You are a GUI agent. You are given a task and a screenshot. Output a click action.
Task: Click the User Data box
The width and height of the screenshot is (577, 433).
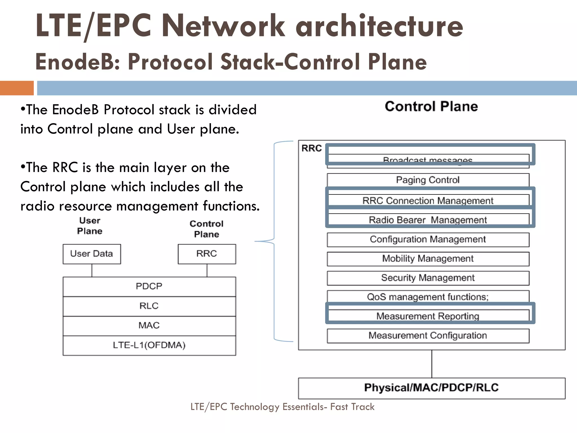click(92, 254)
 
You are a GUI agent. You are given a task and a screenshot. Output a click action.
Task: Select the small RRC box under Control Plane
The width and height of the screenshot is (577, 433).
click(207, 254)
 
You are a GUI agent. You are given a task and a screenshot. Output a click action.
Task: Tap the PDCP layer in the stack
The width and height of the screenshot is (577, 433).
click(149, 286)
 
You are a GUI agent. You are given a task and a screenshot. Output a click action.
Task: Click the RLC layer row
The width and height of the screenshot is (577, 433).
click(149, 306)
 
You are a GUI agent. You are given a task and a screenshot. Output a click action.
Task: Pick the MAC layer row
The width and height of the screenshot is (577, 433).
click(149, 326)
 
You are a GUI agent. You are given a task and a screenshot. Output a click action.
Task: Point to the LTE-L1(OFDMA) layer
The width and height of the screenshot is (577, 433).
click(149, 345)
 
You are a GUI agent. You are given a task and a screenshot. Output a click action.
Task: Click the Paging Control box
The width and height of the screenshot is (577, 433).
click(428, 180)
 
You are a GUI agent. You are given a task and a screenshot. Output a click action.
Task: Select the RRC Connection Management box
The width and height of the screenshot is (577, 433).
click(428, 200)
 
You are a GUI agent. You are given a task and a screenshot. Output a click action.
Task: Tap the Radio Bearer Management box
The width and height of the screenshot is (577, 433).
click(428, 220)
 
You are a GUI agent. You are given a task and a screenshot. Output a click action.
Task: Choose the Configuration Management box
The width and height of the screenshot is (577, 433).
click(428, 239)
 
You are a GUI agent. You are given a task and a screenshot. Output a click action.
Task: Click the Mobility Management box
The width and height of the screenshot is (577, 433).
click(428, 259)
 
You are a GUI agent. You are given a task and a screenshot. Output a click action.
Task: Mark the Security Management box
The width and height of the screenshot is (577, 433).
click(428, 278)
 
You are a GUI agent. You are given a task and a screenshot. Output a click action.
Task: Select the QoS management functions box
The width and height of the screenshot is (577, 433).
click(428, 297)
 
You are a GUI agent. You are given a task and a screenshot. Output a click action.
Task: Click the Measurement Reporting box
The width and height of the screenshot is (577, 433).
click(428, 316)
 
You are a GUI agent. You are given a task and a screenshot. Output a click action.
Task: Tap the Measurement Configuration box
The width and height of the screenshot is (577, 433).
click(428, 335)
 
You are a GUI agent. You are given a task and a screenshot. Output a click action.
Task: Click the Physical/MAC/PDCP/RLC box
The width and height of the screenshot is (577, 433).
click(431, 388)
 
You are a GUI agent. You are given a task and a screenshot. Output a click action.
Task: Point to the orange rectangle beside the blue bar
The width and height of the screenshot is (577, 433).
click(17, 88)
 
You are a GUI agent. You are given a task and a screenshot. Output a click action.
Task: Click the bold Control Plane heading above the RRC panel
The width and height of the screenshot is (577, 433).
click(431, 107)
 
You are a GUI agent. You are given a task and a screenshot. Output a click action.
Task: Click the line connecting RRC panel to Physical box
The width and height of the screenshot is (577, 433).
click(432, 364)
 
